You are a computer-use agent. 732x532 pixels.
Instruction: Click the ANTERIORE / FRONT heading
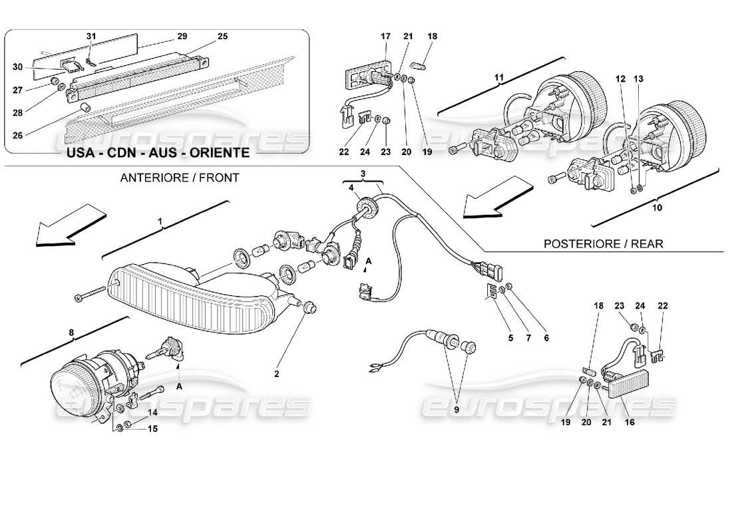(179, 178)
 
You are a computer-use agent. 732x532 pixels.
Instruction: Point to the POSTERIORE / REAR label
(604, 243)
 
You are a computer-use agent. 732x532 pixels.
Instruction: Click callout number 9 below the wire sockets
(457, 410)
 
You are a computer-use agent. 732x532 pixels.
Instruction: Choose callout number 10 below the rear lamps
(657, 208)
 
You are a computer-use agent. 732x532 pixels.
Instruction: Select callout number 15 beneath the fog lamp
(153, 429)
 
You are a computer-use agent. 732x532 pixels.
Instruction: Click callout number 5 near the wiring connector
(511, 337)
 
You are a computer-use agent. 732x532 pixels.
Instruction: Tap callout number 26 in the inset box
(17, 136)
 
